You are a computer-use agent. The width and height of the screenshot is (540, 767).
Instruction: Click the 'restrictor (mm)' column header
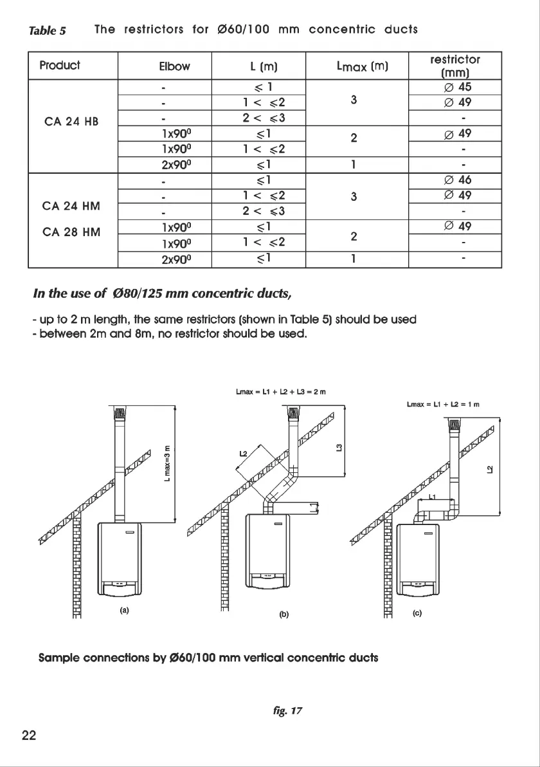click(455, 66)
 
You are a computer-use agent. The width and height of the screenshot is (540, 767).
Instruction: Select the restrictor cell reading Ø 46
click(455, 180)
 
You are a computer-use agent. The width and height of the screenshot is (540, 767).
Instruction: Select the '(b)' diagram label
click(283, 614)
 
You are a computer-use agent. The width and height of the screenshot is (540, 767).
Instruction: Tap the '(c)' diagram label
click(417, 613)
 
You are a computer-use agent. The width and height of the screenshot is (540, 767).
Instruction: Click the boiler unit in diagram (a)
click(119, 560)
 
